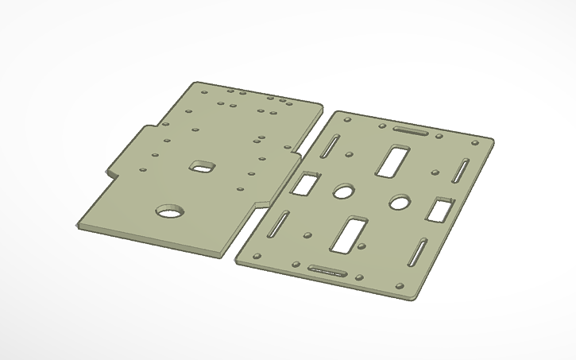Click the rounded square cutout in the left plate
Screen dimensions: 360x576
tap(203, 165)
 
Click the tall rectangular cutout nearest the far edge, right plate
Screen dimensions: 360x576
tap(392, 160)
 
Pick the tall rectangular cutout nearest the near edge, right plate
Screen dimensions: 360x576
tap(347, 235)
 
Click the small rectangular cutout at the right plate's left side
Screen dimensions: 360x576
tap(303, 184)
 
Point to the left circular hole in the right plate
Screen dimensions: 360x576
tap(343, 192)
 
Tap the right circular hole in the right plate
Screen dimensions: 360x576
tap(399, 203)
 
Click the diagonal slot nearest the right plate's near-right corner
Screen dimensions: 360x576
tap(418, 253)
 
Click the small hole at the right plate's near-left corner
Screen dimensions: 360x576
tap(257, 255)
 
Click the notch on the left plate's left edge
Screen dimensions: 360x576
tap(111, 170)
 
